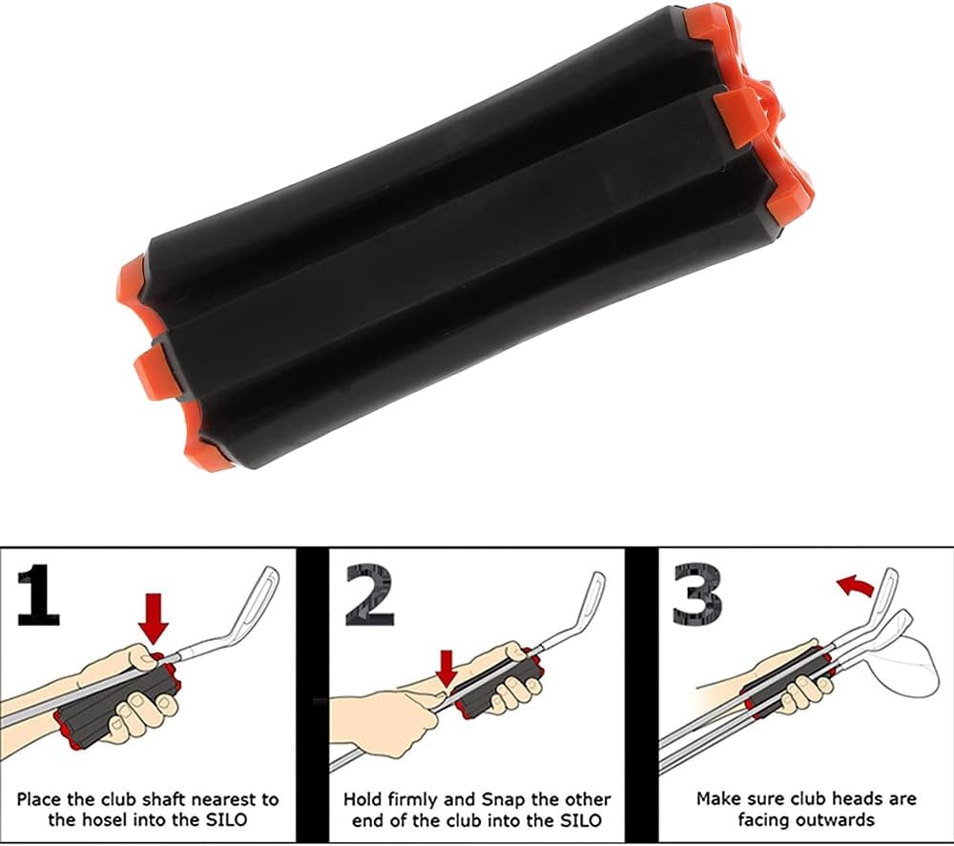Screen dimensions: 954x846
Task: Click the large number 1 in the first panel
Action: coord(39,595)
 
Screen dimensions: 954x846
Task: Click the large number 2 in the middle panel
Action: coord(369,595)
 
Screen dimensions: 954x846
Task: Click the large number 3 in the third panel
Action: coord(698,595)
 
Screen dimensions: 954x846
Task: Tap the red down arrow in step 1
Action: coord(153,619)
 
